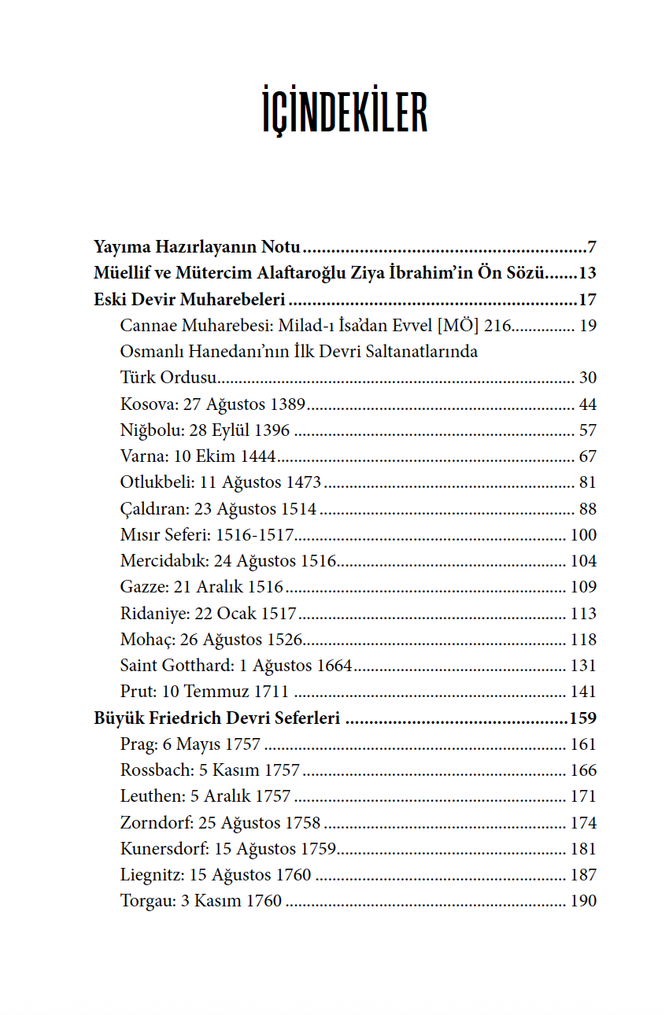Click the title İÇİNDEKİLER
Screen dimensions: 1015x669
point(345,113)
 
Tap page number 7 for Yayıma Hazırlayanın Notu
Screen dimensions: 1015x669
point(591,247)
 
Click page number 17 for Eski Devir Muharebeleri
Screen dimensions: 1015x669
point(587,300)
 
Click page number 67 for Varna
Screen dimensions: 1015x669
point(587,456)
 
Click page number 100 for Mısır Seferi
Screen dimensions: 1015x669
point(583,535)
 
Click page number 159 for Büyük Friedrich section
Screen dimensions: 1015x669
point(582,718)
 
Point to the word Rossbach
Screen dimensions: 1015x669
point(154,770)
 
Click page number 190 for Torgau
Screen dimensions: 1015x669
point(583,901)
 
